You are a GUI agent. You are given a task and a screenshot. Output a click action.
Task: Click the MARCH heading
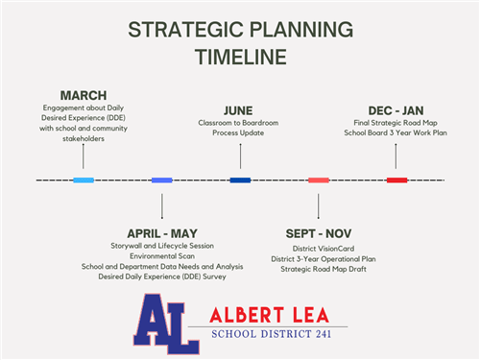click(x=84, y=95)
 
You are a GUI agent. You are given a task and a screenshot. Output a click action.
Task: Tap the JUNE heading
click(x=238, y=110)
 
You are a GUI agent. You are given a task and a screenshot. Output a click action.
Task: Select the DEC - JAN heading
click(x=396, y=110)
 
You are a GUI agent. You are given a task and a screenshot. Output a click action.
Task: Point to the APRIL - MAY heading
click(x=161, y=233)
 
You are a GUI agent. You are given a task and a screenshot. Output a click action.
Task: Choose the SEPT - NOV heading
click(x=318, y=233)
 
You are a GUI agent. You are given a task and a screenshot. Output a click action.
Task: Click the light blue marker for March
click(x=84, y=180)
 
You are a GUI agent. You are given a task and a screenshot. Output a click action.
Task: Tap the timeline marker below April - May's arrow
click(x=161, y=180)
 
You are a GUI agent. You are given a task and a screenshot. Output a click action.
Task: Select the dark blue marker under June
click(x=240, y=180)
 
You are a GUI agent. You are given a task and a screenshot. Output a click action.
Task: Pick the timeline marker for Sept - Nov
click(x=319, y=180)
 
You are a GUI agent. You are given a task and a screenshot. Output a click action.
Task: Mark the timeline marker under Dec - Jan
click(x=396, y=180)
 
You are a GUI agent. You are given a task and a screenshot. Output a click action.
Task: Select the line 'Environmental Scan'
click(x=161, y=255)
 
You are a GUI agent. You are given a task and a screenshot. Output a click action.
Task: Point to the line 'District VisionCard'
click(x=318, y=248)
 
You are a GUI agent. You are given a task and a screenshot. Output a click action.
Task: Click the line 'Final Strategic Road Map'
click(x=396, y=123)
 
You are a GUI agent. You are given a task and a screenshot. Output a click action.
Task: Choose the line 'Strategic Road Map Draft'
click(x=318, y=268)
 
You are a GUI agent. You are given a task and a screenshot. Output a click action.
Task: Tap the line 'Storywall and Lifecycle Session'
click(x=161, y=246)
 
